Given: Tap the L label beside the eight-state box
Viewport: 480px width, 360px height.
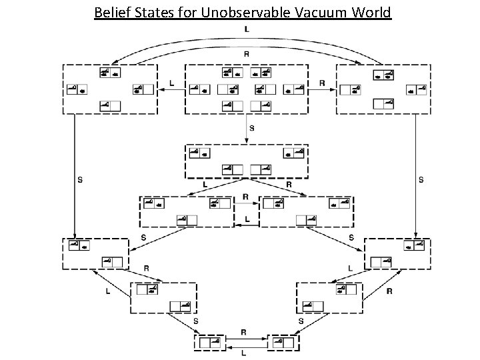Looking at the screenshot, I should [x=172, y=83].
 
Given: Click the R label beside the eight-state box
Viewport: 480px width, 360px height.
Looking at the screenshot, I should [x=323, y=83].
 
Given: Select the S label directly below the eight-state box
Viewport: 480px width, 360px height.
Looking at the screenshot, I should [x=251, y=126].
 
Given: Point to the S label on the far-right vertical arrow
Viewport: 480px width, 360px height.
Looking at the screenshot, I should [x=421, y=179].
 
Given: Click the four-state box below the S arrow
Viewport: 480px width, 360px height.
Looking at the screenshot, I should [x=246, y=161].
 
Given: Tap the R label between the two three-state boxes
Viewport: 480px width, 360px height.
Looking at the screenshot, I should [x=246, y=197].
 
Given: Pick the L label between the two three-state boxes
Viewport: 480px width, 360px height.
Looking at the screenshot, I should [x=247, y=218].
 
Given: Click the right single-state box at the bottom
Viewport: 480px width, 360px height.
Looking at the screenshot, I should [x=283, y=343].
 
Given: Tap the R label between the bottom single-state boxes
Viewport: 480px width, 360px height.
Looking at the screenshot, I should [x=244, y=331].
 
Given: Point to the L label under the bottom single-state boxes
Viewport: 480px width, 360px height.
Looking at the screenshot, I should [x=244, y=353].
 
